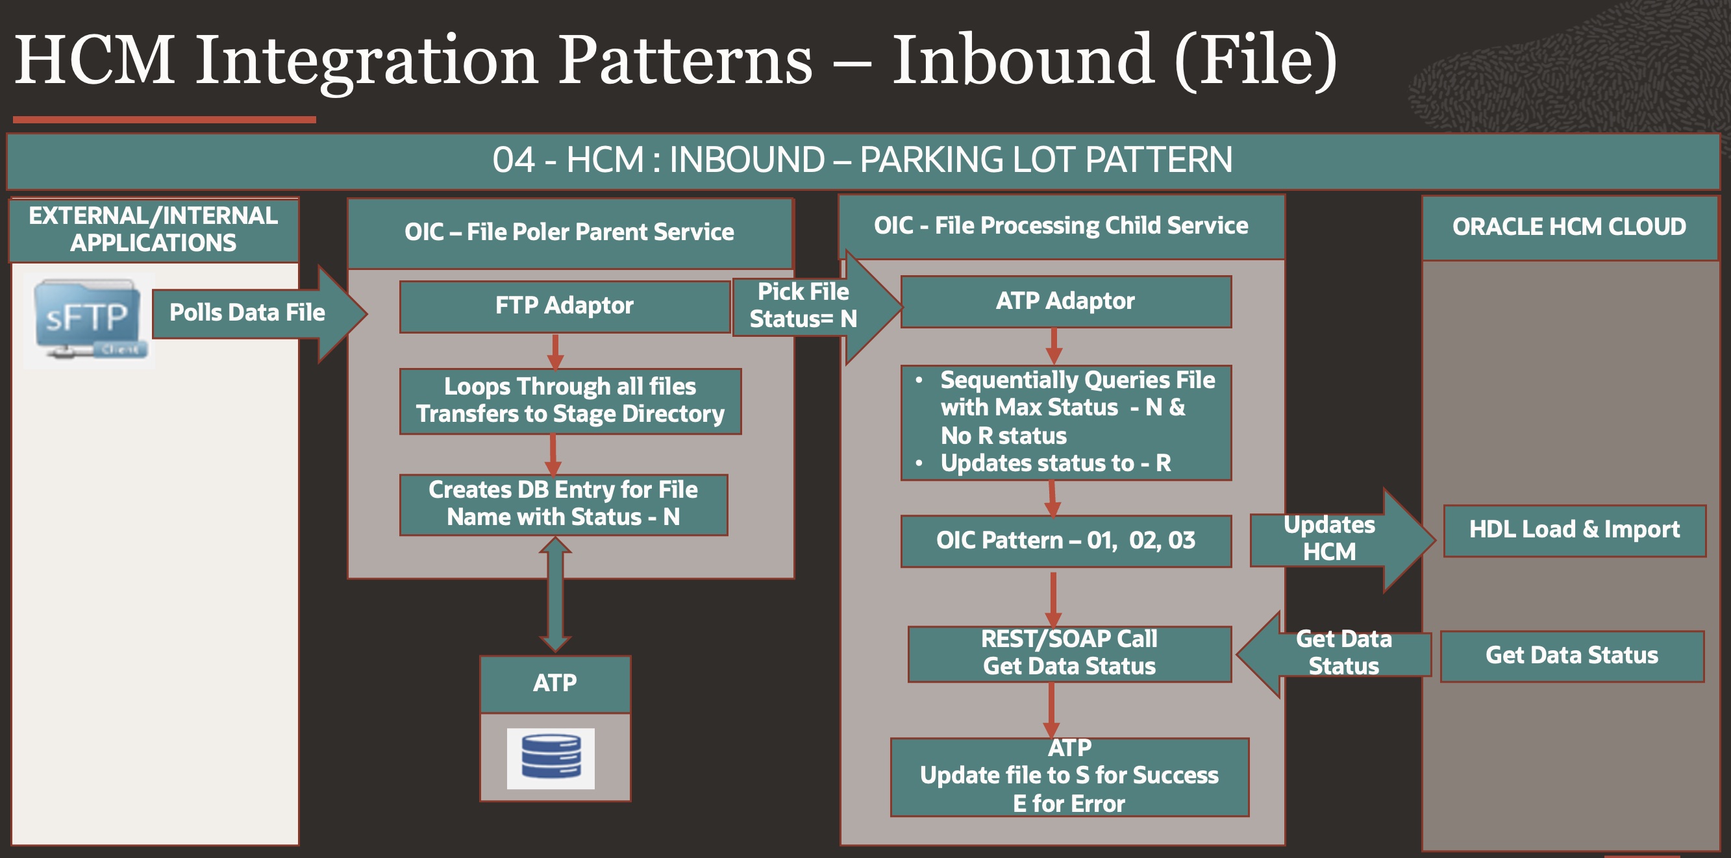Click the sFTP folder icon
(88, 319)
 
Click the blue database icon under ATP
(551, 758)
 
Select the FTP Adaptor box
(564, 306)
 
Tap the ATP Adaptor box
(1065, 302)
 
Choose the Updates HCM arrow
(1338, 539)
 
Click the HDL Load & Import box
(1574, 530)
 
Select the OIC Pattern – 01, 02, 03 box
(1065, 541)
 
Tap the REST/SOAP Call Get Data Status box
(1069, 653)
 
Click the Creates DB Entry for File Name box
(563, 504)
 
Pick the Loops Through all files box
(570, 400)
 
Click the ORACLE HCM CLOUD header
(1569, 228)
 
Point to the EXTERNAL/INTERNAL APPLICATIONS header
(153, 229)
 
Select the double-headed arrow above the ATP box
(555, 594)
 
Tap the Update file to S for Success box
(1069, 777)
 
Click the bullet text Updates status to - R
(1055, 463)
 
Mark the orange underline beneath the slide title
(164, 119)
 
